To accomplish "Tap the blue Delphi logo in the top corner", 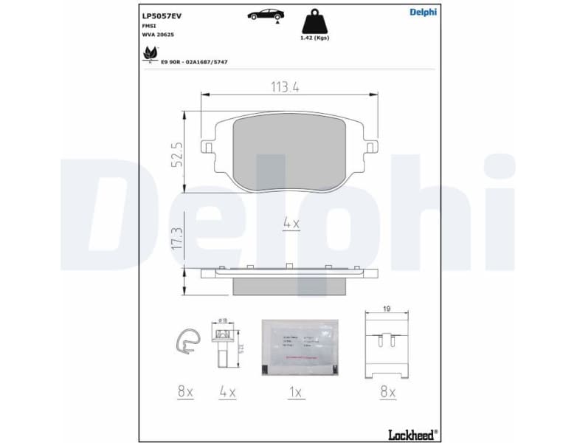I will click(x=422, y=11).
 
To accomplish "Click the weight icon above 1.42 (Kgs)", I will click(x=314, y=20).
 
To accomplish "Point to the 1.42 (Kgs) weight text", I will click(x=314, y=38).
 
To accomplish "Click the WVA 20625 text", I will click(x=158, y=34).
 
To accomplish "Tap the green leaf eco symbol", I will click(x=149, y=54).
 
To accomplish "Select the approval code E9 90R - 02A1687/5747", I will click(x=194, y=62).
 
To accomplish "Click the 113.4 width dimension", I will click(x=283, y=87).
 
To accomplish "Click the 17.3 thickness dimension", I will click(x=177, y=242).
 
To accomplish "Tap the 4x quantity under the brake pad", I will click(x=291, y=223).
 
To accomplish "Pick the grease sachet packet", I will click(x=299, y=346).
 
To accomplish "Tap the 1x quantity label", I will click(x=296, y=393).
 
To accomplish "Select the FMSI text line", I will click(x=149, y=24).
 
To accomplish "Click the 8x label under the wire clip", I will click(x=184, y=393).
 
